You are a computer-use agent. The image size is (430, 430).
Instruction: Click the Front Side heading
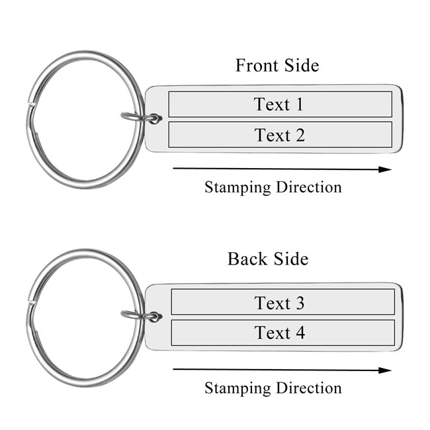[277, 65]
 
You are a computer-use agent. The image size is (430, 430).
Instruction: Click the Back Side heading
[267, 259]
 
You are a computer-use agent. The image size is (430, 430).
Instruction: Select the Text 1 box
[280, 105]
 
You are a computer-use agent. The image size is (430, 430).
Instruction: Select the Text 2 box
[280, 136]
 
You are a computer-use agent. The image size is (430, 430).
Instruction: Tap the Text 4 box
[282, 333]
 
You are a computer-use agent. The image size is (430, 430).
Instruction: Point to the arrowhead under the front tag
[385, 169]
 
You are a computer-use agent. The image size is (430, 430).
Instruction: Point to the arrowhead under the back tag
[385, 370]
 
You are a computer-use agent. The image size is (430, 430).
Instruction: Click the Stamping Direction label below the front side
[273, 187]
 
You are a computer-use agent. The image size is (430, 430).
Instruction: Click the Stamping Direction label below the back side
[273, 388]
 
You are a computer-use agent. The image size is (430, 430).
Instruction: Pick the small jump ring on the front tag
[142, 118]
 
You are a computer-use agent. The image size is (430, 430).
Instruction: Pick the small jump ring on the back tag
[142, 316]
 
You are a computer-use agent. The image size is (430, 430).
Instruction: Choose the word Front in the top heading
[255, 65]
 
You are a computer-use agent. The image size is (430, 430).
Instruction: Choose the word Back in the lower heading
[246, 259]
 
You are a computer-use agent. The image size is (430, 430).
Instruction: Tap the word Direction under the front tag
[308, 187]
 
